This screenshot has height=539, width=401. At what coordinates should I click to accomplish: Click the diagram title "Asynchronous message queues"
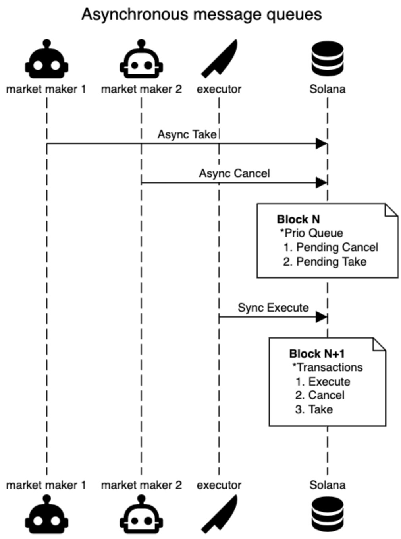(201, 15)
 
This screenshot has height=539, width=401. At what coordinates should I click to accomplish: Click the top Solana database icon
(327, 59)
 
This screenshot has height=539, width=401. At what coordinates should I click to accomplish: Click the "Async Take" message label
(187, 134)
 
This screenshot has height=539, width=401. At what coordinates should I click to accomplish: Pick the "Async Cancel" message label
(234, 173)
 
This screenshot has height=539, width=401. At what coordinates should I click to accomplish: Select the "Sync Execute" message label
(273, 308)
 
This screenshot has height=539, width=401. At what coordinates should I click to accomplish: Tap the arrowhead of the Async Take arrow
(321, 144)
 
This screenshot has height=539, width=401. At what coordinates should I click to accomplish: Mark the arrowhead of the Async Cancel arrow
(321, 183)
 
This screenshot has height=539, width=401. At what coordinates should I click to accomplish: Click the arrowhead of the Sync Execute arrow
(321, 317)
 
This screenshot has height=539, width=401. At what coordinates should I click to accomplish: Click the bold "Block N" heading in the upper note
(298, 219)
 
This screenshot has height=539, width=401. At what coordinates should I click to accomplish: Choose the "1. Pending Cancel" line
(331, 247)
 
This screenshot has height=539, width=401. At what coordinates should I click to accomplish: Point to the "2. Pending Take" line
(325, 262)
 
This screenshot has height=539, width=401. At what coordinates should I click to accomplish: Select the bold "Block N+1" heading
(317, 354)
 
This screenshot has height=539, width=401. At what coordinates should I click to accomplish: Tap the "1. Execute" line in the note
(323, 382)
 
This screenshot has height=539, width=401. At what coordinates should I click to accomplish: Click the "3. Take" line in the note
(314, 409)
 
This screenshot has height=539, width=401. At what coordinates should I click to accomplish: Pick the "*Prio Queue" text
(312, 233)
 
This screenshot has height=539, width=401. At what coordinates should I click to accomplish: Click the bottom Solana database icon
(327, 515)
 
